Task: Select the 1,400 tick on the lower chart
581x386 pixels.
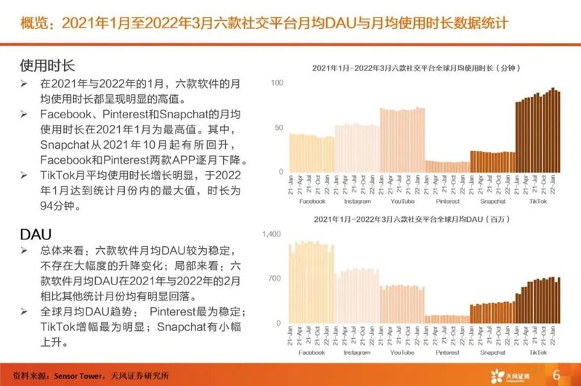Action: coord(272,234)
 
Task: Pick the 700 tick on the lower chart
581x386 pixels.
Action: coord(275,279)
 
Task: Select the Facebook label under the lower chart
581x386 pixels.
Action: coord(312,352)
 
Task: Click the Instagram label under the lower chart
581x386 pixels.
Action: coord(357,352)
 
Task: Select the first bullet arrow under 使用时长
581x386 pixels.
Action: coord(25,84)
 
